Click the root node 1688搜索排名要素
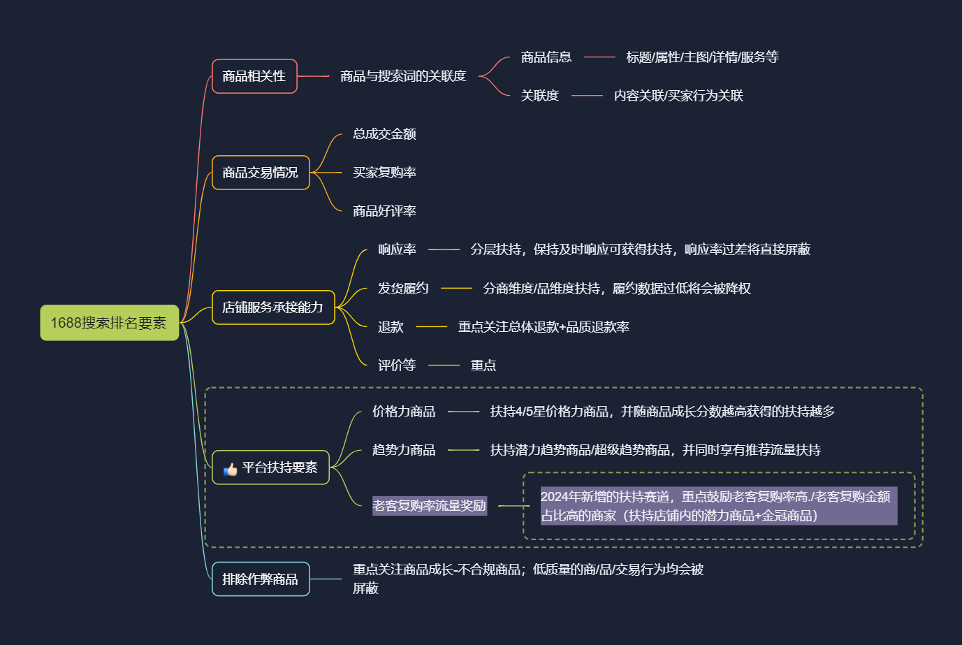[x=110, y=323]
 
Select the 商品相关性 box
[x=254, y=76]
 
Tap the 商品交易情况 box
[x=261, y=173]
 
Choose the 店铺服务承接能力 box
[x=273, y=307]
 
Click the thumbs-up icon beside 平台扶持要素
[x=230, y=469]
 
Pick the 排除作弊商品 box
[x=261, y=579]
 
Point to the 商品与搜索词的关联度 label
[x=403, y=76]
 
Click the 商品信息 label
[x=546, y=57]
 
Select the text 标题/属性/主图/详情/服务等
[x=702, y=57]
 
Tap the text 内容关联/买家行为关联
[x=678, y=96]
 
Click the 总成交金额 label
[x=384, y=134]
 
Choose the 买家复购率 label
[x=384, y=173]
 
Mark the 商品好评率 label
[x=384, y=211]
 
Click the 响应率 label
[x=397, y=249]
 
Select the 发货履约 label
[x=403, y=289]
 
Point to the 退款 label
[x=391, y=327]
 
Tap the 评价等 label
[x=397, y=365]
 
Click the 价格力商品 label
[x=404, y=412]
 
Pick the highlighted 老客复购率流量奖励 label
[x=429, y=506]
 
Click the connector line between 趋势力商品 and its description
[x=463, y=450]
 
